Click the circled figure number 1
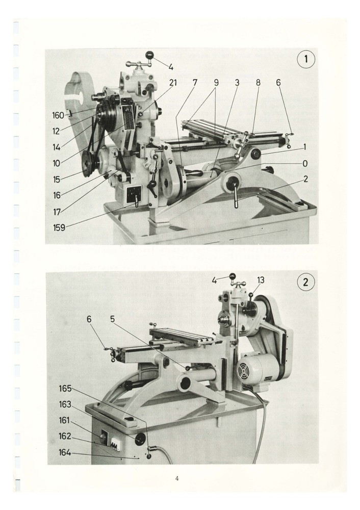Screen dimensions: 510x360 click(x=306, y=59)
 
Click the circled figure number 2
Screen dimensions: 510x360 click(x=306, y=283)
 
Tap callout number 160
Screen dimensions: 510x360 click(x=58, y=116)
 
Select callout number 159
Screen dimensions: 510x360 click(x=59, y=228)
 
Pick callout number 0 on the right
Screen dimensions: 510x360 click(x=304, y=163)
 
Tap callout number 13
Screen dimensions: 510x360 click(x=261, y=279)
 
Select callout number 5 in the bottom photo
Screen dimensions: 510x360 click(x=112, y=319)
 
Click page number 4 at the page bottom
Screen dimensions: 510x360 click(x=176, y=478)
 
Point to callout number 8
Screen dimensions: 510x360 click(x=258, y=83)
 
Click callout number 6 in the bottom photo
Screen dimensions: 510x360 click(x=89, y=319)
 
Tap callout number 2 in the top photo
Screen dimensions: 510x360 click(x=304, y=179)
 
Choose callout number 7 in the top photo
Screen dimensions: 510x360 click(x=194, y=83)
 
